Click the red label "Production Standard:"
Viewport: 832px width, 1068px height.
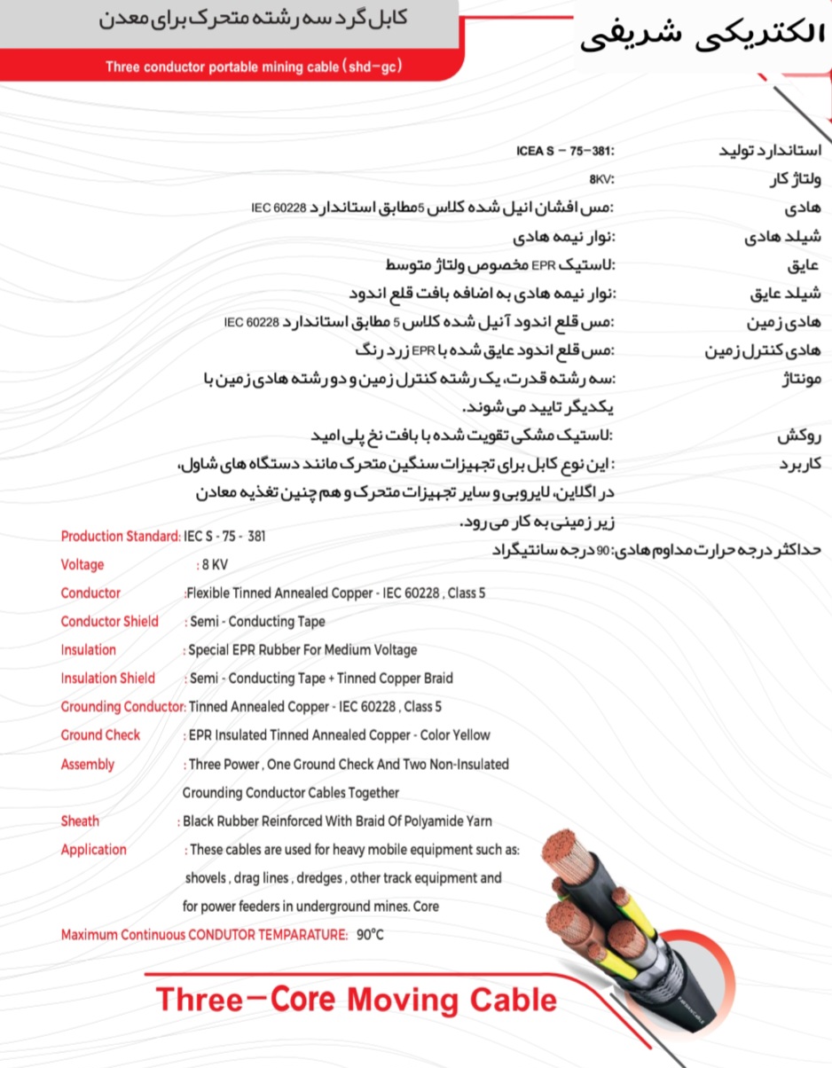[121, 536]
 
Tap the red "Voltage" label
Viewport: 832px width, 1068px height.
[82, 564]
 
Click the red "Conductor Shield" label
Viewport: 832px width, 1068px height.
[110, 621]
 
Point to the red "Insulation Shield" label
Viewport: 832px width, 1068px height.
[107, 678]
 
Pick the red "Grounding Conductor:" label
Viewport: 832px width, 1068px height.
[123, 706]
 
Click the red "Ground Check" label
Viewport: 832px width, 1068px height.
[100, 734]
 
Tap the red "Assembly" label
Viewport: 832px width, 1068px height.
[88, 764]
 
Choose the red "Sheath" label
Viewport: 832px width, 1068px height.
[80, 821]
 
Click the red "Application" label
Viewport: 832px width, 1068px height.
[93, 849]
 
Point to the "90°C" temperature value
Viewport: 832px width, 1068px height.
[371, 934]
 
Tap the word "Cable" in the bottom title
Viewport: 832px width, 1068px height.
[515, 1000]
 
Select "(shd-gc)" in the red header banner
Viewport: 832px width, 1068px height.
[371, 67]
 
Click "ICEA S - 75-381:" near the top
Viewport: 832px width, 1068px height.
[565, 150]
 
